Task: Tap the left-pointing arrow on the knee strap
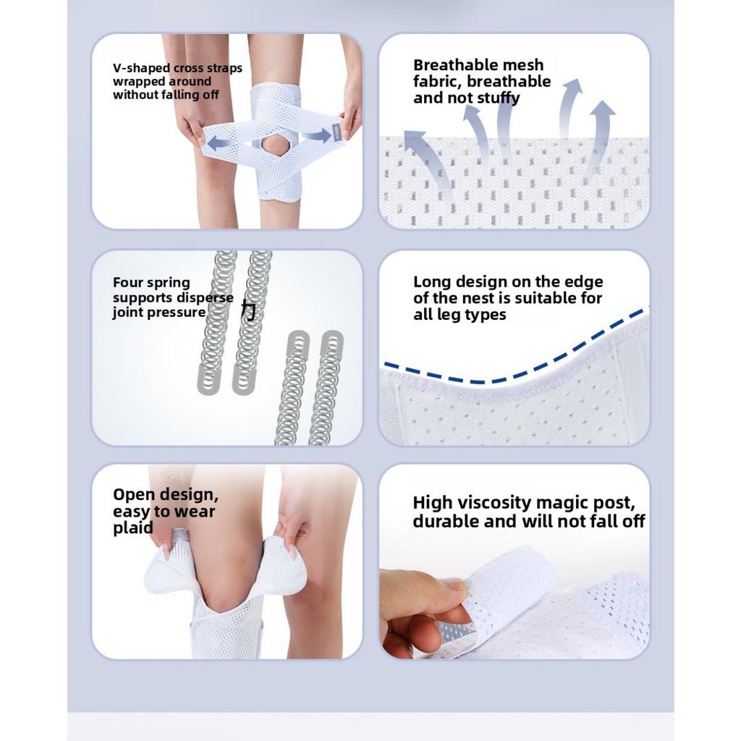[x=221, y=142]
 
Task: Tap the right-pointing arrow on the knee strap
[x=317, y=136]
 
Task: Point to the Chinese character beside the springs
[x=249, y=310]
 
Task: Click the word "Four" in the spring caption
[x=127, y=282]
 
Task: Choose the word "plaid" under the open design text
[x=133, y=528]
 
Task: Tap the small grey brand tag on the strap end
[x=336, y=131]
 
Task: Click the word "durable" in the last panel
[x=441, y=522]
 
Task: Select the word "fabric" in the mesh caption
[x=436, y=82]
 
